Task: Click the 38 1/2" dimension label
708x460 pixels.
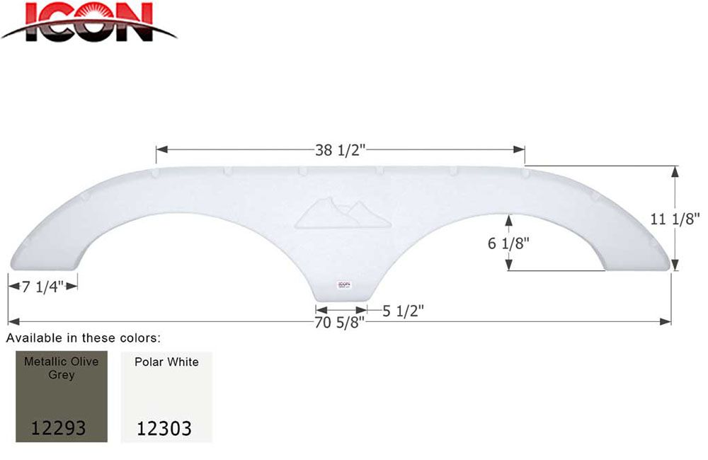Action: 340,150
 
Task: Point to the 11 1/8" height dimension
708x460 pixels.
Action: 675,219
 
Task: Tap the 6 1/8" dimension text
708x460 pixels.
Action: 508,243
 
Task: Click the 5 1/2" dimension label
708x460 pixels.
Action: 403,309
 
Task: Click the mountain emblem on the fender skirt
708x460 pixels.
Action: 343,213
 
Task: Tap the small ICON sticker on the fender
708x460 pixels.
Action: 343,285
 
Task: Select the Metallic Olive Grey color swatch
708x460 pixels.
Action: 62,396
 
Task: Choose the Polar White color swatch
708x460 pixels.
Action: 167,396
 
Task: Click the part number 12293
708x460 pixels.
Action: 59,427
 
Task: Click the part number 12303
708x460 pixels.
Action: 165,427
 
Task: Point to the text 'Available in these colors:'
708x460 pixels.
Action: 84,338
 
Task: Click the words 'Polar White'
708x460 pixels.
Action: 167,362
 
